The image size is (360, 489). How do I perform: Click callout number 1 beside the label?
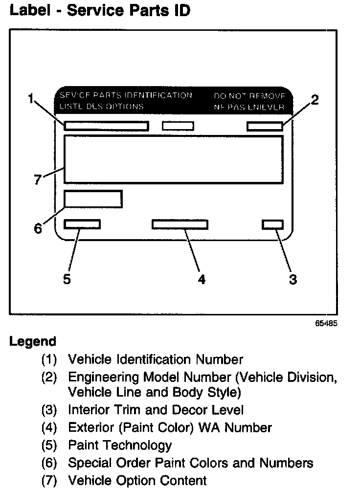click(x=31, y=100)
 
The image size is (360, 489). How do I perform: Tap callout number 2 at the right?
click(x=315, y=100)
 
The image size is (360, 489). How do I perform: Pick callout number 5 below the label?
click(x=67, y=279)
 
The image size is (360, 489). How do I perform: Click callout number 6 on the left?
click(x=38, y=228)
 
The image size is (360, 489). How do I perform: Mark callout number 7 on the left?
click(x=38, y=180)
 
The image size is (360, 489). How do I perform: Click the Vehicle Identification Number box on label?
click(x=106, y=126)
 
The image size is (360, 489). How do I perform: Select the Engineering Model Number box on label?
click(x=265, y=126)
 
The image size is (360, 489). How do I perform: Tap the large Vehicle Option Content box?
click(x=173, y=159)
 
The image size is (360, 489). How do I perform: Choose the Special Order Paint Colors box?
click(x=93, y=199)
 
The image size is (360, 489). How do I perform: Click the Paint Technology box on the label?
click(x=82, y=224)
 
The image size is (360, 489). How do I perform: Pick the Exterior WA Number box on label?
click(x=180, y=224)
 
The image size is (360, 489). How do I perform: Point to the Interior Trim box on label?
click(x=272, y=224)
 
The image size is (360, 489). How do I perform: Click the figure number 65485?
click(x=326, y=324)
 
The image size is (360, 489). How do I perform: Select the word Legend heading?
click(x=33, y=341)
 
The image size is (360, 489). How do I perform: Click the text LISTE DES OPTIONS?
click(x=101, y=106)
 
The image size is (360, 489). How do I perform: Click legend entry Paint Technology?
click(x=120, y=445)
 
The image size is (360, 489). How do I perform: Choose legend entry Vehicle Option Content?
click(x=137, y=480)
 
